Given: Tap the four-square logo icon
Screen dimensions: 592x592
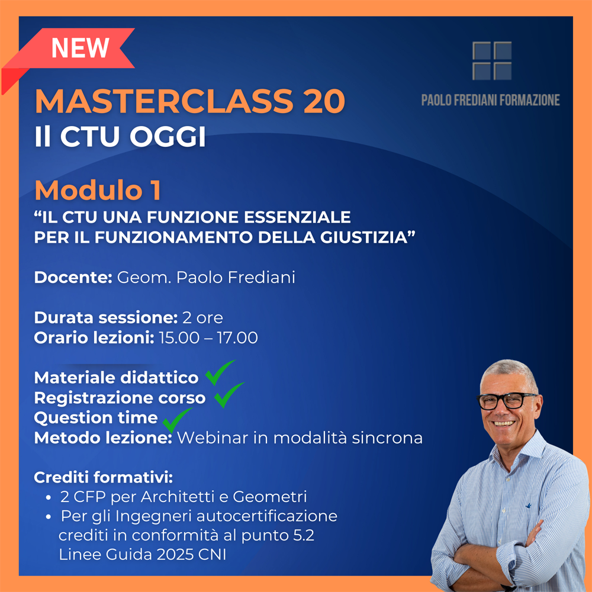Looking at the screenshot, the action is point(492,61).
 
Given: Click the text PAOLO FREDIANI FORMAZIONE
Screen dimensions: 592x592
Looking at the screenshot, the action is point(490,101).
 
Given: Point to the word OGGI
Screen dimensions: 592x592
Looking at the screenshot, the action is point(168,136).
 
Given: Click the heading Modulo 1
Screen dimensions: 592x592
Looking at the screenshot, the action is point(98,190).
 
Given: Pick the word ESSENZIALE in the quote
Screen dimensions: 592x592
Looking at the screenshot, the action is point(298,217).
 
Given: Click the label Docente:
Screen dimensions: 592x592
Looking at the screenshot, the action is point(73,278).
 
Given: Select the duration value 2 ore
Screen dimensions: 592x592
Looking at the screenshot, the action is point(202,317).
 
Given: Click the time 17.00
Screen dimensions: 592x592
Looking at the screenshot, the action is point(237,337).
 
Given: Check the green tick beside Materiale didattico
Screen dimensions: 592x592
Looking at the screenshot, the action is point(220,372).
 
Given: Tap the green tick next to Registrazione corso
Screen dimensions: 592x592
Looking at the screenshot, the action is point(229,395).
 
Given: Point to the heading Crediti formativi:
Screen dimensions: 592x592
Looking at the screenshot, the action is point(104,478).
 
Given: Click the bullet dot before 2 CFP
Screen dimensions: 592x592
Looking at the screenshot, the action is point(48,498).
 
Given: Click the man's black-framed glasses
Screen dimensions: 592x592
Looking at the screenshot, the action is point(506,401).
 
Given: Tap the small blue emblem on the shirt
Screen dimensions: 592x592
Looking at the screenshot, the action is point(529,505).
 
